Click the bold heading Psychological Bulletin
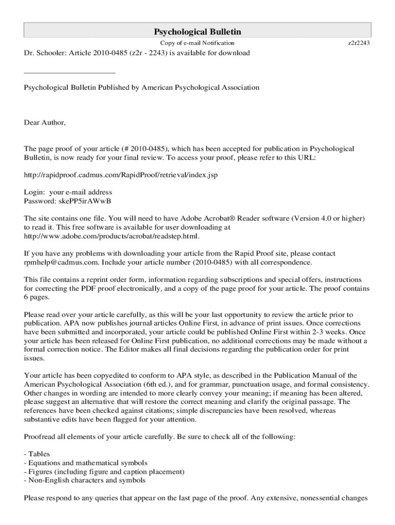tap(197, 32)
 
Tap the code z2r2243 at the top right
tap(359, 43)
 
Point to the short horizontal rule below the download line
tap(70, 73)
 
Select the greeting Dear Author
tap(45, 123)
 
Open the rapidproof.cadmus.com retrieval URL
tap(121, 175)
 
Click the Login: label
tap(35, 192)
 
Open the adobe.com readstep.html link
tap(111, 236)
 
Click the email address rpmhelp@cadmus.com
tap(62, 262)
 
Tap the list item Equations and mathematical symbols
tap(86, 462)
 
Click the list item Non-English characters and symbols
tap(85, 480)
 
